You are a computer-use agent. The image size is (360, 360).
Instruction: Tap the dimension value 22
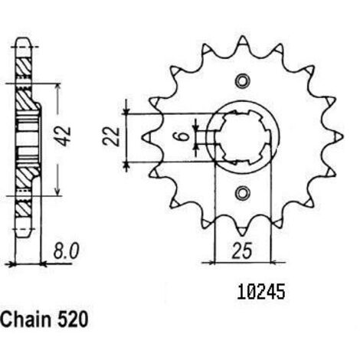click(111, 136)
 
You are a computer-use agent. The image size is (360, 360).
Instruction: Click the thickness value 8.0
click(66, 252)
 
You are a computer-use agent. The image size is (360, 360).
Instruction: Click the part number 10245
click(260, 293)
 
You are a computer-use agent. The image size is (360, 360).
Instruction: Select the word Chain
click(27, 319)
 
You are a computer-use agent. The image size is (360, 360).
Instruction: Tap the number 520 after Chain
click(73, 319)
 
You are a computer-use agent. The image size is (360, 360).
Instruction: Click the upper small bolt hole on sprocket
click(242, 81)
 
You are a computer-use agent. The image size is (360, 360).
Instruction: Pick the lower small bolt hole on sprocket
click(242, 193)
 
